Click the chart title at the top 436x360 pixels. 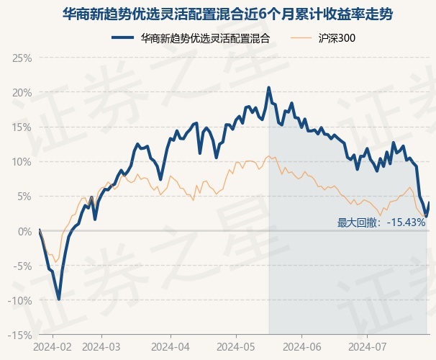(x=218, y=14)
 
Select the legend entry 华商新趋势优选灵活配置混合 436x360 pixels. (x=205, y=37)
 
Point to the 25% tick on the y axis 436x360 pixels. (x=21, y=58)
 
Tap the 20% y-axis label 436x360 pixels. (x=21, y=92)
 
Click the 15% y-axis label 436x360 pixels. (x=21, y=127)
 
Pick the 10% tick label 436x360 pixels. (x=21, y=161)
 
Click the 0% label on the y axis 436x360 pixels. (x=24, y=231)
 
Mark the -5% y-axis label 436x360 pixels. (x=22, y=266)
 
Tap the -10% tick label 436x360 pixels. (x=19, y=300)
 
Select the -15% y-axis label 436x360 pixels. (x=19, y=335)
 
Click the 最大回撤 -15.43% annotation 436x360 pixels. (x=381, y=222)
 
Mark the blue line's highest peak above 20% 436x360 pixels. (x=269, y=88)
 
